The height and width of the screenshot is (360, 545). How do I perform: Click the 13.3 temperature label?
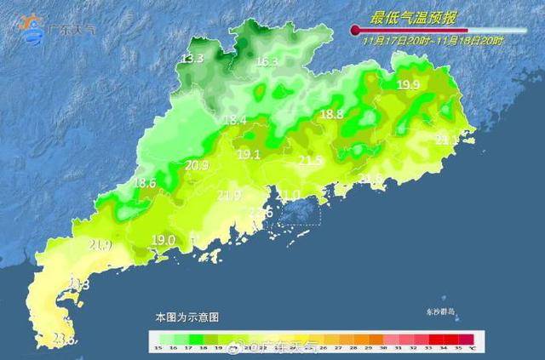pos(192,59)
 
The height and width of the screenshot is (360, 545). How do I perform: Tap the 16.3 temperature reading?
pos(267,62)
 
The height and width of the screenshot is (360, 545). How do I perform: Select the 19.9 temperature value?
pos(409,84)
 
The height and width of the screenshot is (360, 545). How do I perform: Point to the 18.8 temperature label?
pos(331,114)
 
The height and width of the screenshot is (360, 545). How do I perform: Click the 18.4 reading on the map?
pos(234,121)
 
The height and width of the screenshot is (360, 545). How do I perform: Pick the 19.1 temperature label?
pos(249,155)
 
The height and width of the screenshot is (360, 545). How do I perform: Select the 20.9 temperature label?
pos(197,165)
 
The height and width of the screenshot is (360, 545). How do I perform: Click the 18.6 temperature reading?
pos(145,183)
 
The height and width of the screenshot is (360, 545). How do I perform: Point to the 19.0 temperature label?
pos(163,240)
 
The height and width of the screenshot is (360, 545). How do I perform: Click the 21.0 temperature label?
pos(289,196)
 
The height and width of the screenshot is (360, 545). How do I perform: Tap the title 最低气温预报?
pos(411,17)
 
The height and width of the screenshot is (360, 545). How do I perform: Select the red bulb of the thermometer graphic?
pos(354,30)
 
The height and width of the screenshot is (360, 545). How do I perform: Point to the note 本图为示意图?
pos(186,316)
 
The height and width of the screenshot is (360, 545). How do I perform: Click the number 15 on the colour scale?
pos(158,347)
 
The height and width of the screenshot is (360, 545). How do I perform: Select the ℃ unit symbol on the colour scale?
pos(472,347)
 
